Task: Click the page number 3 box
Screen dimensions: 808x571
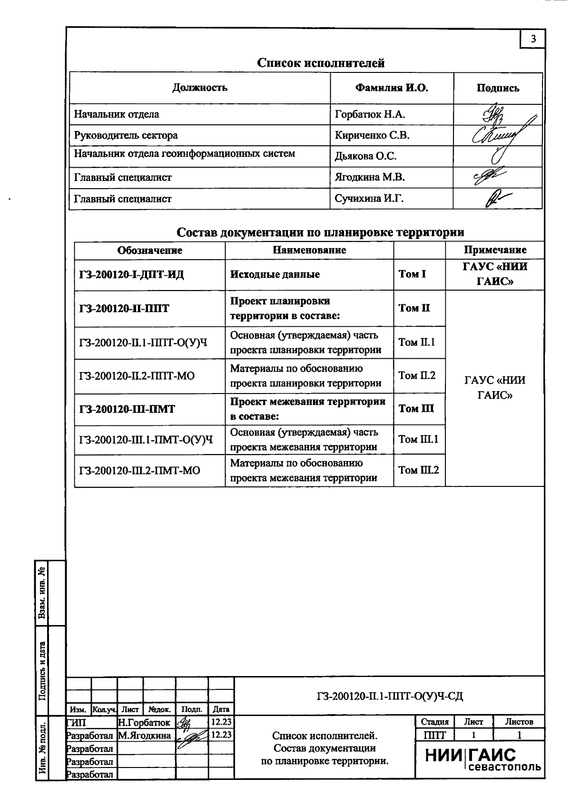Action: click(533, 39)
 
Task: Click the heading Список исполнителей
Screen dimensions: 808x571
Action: click(321, 63)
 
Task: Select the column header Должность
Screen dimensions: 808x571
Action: click(200, 88)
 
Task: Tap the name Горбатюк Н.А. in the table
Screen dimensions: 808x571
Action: click(370, 114)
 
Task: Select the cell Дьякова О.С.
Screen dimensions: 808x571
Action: click(365, 156)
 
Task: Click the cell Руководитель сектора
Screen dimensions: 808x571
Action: click(126, 135)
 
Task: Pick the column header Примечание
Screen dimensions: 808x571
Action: click(495, 250)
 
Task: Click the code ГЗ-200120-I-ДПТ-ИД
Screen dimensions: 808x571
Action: click(131, 275)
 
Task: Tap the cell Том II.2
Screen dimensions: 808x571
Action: click(416, 375)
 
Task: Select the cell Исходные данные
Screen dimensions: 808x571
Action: click(275, 274)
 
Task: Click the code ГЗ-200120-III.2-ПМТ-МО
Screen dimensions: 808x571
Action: click(139, 471)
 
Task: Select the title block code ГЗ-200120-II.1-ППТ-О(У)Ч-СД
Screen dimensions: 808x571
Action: click(389, 697)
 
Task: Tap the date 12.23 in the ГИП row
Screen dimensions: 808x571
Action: click(221, 722)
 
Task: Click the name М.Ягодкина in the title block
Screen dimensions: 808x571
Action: click(145, 735)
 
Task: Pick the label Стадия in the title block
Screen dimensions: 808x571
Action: click(434, 722)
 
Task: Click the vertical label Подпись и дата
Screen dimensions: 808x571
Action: click(42, 671)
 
